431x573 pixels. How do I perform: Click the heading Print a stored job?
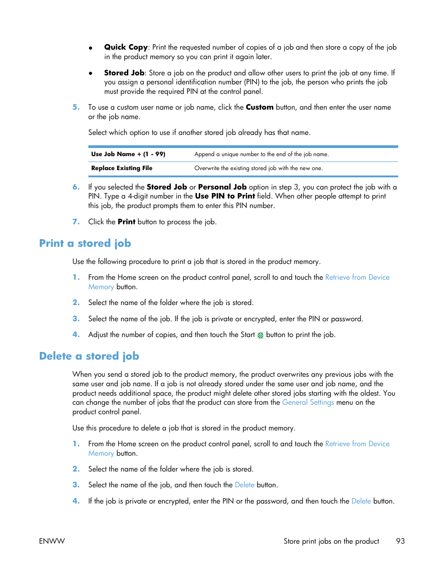click(x=85, y=244)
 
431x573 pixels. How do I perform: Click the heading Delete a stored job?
click(x=89, y=356)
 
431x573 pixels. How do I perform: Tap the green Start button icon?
click(x=260, y=335)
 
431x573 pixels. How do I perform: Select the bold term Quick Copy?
click(x=126, y=47)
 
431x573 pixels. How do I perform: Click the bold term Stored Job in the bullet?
click(x=124, y=73)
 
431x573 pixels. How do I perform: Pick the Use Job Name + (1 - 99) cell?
click(x=128, y=154)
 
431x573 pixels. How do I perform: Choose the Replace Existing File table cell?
click(x=122, y=168)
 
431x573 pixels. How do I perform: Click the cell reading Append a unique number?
click(x=262, y=154)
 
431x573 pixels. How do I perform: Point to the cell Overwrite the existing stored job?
click(x=258, y=168)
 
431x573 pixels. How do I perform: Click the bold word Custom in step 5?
click(x=259, y=107)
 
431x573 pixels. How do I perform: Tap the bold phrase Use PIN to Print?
click(x=225, y=196)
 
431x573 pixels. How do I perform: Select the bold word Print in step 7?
click(x=126, y=222)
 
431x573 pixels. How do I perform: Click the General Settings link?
click(x=308, y=402)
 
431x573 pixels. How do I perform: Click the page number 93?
click(x=400, y=541)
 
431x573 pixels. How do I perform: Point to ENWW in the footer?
click(x=52, y=541)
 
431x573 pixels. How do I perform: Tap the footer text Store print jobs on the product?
click(x=331, y=541)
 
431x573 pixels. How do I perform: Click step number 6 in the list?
click(x=76, y=187)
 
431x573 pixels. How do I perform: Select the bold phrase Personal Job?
click(x=222, y=187)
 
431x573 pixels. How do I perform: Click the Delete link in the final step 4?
click(x=361, y=501)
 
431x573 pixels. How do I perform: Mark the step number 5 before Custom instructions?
click(x=76, y=107)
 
